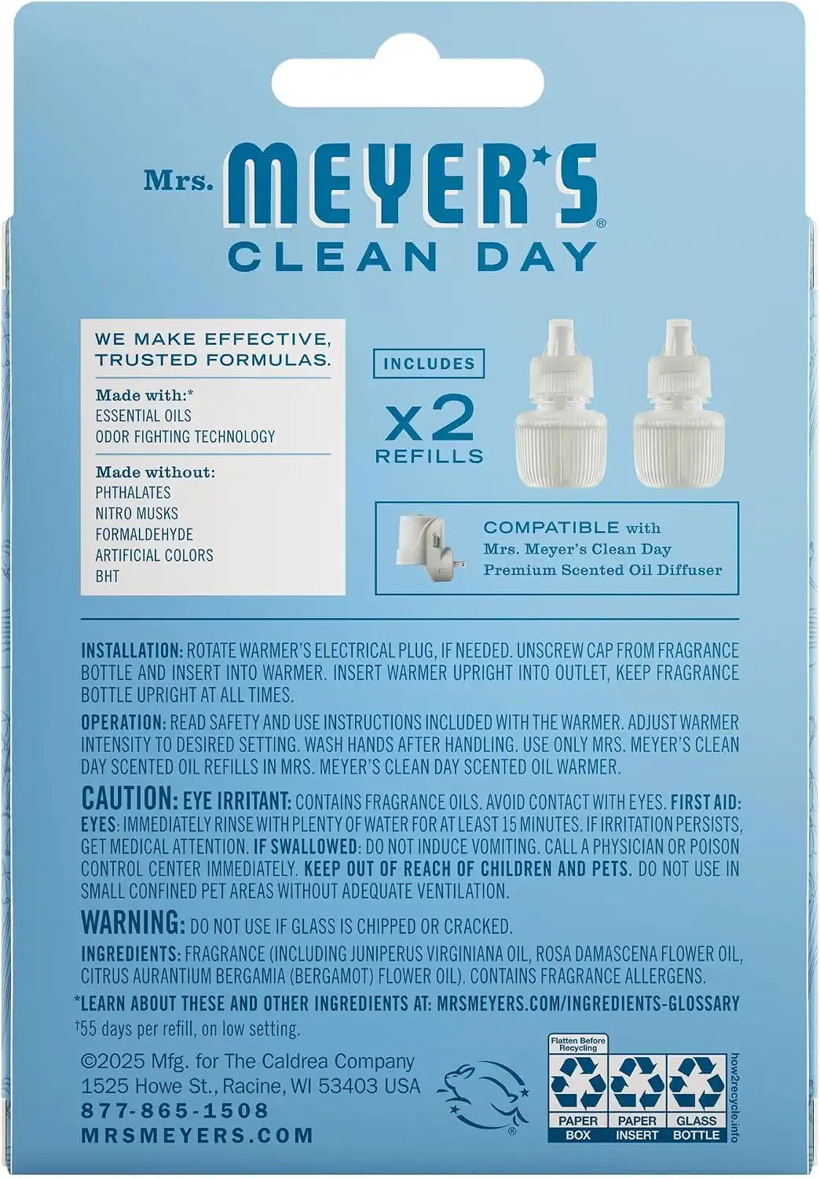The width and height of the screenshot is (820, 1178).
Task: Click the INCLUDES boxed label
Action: tap(429, 364)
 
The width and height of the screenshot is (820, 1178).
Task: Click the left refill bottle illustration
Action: tap(562, 401)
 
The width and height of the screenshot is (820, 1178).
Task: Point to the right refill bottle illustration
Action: tap(680, 401)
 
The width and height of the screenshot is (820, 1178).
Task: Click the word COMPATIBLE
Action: tap(551, 527)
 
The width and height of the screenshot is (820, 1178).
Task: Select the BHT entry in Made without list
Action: tap(108, 576)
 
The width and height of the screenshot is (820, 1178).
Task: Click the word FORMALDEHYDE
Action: tap(144, 534)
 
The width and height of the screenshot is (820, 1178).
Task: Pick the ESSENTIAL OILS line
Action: tap(143, 415)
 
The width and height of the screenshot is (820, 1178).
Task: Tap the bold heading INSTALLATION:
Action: tap(132, 650)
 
